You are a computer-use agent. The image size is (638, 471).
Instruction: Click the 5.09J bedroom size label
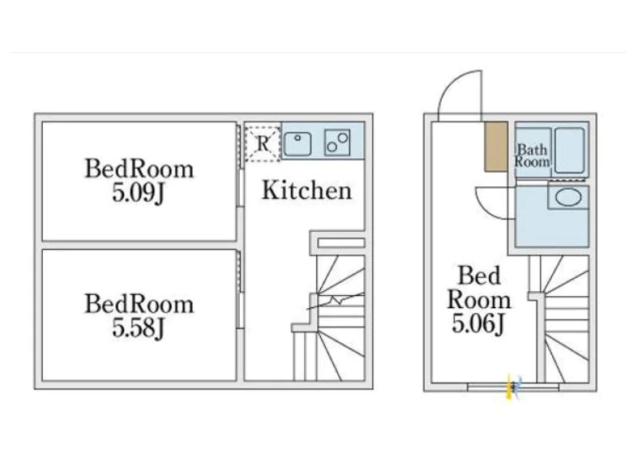(x=138, y=193)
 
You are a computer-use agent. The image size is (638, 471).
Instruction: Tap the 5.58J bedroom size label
(x=138, y=328)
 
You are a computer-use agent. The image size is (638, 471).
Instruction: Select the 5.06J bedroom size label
(x=478, y=323)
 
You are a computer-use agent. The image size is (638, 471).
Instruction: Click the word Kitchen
(x=306, y=190)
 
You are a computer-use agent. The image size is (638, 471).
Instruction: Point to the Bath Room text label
(x=533, y=156)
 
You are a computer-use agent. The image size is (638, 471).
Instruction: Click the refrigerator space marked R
(x=263, y=143)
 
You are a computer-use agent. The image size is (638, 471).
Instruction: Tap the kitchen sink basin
(x=298, y=143)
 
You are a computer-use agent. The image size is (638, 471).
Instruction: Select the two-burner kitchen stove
(x=337, y=143)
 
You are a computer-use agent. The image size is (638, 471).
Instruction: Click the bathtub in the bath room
(x=570, y=150)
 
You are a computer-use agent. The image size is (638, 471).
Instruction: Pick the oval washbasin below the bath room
(x=568, y=198)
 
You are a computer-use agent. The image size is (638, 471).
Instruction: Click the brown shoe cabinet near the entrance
(x=496, y=147)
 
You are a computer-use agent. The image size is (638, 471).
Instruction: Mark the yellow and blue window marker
(x=512, y=387)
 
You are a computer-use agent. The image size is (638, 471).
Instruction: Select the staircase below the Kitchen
(x=330, y=318)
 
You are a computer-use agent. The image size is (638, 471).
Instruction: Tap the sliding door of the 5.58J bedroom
(x=240, y=289)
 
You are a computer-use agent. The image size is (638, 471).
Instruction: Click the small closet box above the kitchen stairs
(x=341, y=243)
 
